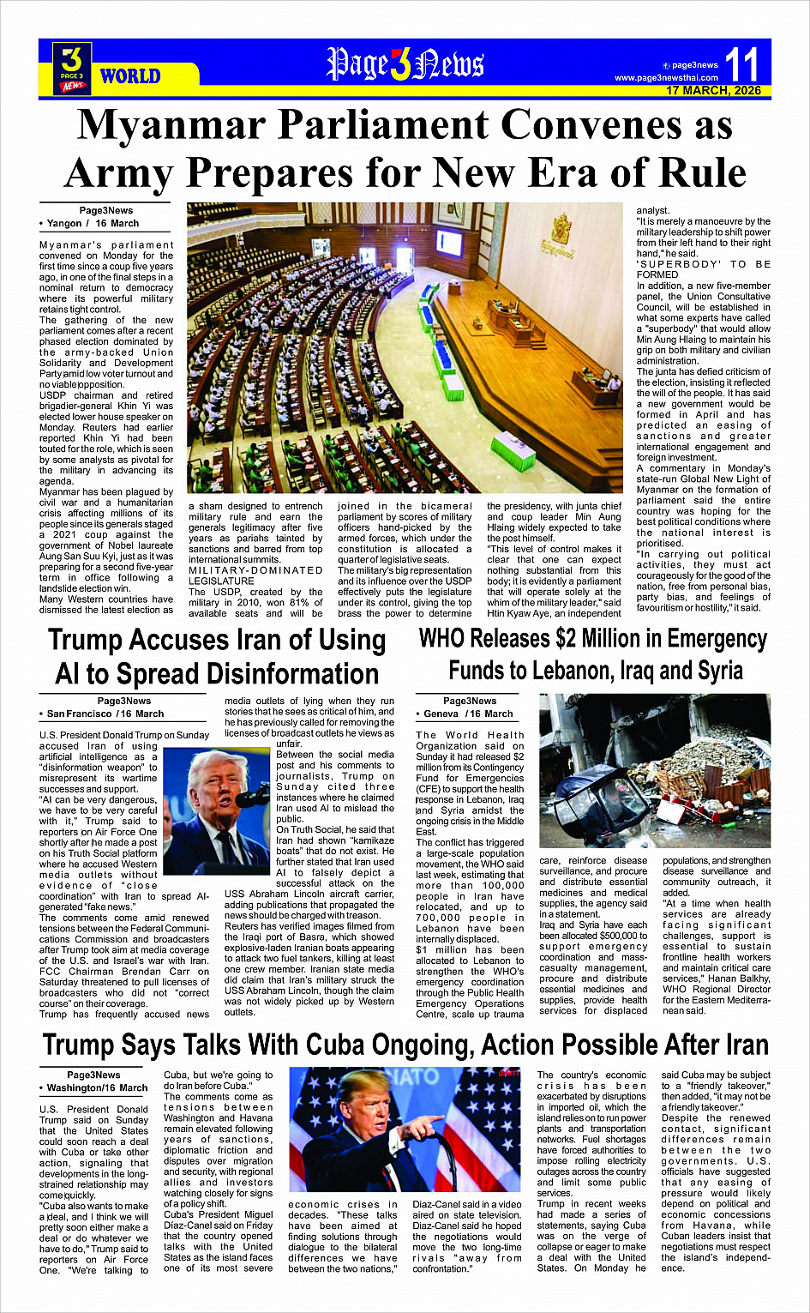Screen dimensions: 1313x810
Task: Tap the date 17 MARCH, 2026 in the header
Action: coord(713,90)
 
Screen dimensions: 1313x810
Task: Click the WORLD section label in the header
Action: coord(130,76)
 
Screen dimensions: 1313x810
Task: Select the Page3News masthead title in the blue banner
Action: coord(405,64)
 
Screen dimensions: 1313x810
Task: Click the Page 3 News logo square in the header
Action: coord(72,68)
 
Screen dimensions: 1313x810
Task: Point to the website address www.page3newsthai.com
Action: coord(666,78)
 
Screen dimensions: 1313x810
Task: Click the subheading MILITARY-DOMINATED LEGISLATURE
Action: coord(255,575)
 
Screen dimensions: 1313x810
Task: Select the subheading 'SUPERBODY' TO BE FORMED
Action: coord(703,269)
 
